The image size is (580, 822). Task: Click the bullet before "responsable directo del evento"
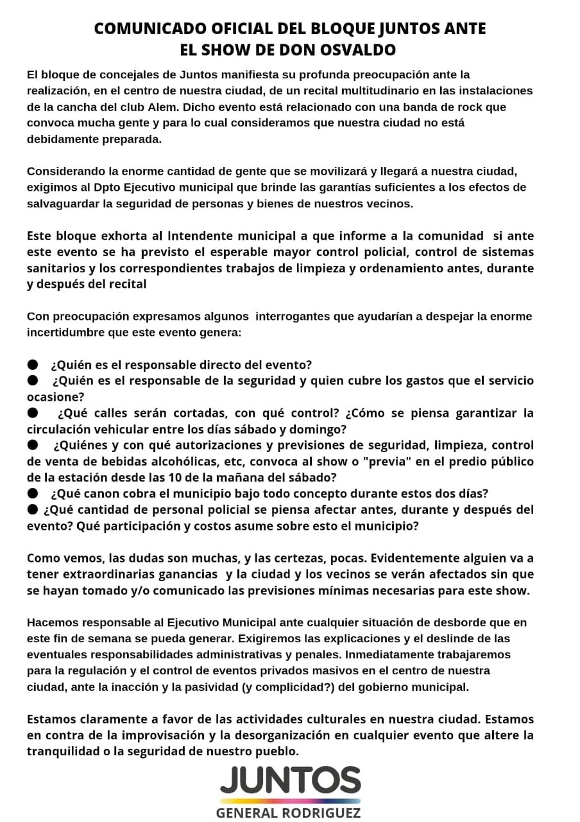click(x=33, y=364)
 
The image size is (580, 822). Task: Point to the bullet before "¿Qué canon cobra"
click(x=33, y=493)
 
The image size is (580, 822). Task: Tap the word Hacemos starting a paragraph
click(x=51, y=622)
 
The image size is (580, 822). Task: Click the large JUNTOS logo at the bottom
click(x=290, y=780)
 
